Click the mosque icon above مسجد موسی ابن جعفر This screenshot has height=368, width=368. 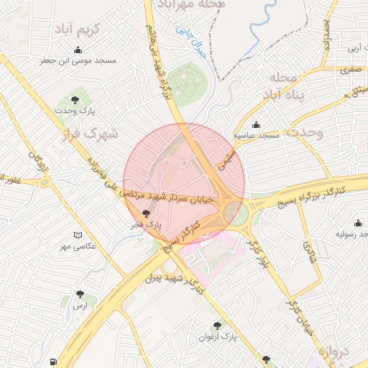(78, 50)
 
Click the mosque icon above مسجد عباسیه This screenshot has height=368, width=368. (257, 124)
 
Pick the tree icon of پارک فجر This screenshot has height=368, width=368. (147, 213)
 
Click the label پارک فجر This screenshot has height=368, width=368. (147, 225)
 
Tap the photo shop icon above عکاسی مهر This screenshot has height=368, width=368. (78, 235)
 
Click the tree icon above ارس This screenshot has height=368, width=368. (80, 294)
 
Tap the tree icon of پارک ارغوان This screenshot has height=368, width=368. (217, 326)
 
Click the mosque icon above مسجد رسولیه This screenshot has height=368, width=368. (358, 224)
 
